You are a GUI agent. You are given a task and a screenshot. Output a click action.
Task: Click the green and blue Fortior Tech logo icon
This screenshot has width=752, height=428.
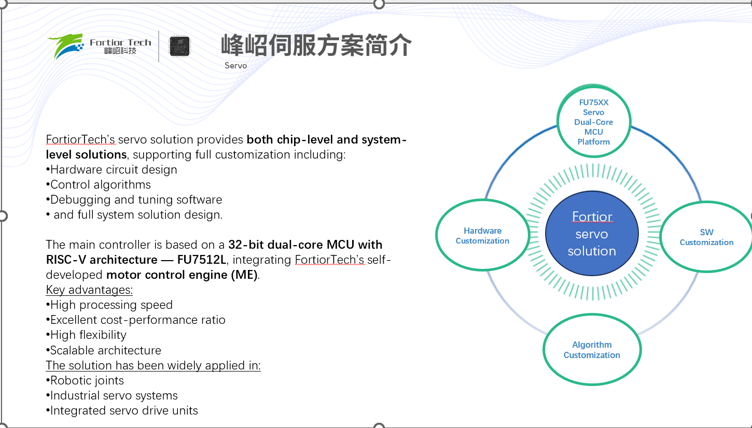click(x=66, y=46)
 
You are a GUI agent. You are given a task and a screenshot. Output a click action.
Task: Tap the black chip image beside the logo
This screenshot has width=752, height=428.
click(x=179, y=46)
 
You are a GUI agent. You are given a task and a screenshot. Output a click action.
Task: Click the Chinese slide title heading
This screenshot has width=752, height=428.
click(x=316, y=45)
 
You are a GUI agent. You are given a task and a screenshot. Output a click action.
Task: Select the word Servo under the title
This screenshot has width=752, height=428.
click(x=235, y=65)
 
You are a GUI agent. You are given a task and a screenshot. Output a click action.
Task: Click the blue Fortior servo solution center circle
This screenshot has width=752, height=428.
click(x=592, y=234)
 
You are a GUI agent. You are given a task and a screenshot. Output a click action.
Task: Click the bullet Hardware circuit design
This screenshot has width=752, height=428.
click(x=112, y=170)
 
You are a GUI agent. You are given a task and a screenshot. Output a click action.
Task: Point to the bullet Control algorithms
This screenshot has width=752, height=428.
click(x=99, y=185)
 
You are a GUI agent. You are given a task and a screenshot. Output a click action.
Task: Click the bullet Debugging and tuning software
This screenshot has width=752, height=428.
click(x=134, y=200)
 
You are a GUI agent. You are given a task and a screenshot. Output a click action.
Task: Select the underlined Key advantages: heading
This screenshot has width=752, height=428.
click(x=89, y=290)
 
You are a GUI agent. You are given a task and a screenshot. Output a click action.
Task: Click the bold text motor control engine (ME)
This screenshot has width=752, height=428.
click(x=182, y=275)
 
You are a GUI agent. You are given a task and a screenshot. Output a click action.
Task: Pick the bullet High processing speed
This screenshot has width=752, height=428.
click(x=109, y=305)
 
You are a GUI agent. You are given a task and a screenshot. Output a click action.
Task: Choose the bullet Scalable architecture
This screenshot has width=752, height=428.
click(x=103, y=350)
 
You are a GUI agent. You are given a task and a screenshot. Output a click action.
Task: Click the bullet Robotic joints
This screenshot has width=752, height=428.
click(x=85, y=380)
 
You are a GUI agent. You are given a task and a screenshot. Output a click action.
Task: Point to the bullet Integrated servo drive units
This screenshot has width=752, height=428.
click(x=122, y=410)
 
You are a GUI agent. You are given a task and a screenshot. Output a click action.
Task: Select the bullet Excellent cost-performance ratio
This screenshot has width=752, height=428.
click(x=136, y=320)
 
